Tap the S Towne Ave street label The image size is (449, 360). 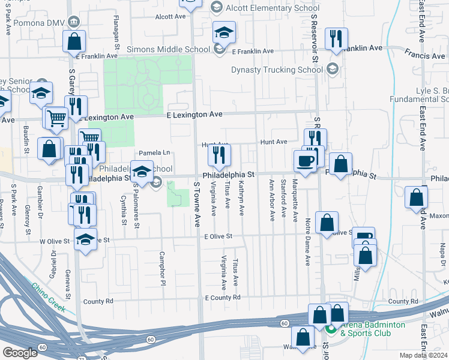click(197, 204)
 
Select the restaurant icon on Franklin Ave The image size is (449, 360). click(336, 39)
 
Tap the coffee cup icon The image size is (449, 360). click(305, 160)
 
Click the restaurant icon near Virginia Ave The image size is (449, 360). click(219, 155)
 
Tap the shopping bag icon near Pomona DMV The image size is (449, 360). click(74, 42)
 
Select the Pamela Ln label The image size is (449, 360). click(155, 152)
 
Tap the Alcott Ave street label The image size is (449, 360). click(170, 17)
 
